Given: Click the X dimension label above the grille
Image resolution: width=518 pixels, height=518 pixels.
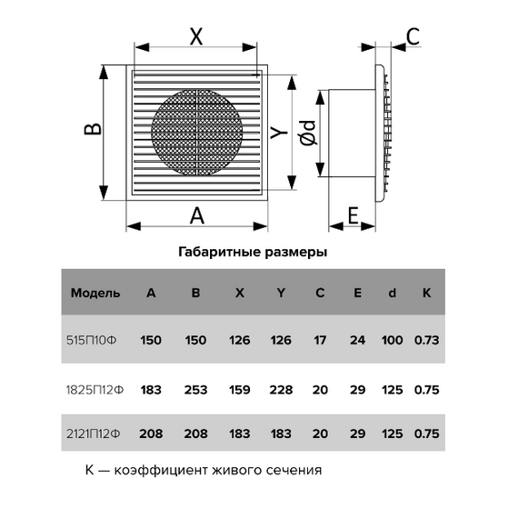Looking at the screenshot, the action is [x=196, y=36].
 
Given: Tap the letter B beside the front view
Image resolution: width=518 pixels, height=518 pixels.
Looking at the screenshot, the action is [x=93, y=129].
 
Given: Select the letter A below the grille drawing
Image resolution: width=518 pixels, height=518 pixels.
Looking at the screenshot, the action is [x=197, y=215].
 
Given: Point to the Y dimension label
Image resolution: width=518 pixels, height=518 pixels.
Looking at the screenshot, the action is [x=279, y=133].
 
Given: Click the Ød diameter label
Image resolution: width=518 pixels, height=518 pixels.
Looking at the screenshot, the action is [x=309, y=133].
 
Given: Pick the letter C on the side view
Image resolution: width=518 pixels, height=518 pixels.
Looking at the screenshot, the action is [x=413, y=36].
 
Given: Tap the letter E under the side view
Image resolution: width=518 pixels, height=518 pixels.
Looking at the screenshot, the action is [x=354, y=215].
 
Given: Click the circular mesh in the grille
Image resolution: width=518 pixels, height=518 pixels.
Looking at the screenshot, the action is [x=197, y=132].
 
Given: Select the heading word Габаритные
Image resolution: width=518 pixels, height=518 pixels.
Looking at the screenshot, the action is [x=220, y=252].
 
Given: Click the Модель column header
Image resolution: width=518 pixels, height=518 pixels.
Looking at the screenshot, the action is [x=95, y=293].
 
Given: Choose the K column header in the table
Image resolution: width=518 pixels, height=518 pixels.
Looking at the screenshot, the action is [x=426, y=293].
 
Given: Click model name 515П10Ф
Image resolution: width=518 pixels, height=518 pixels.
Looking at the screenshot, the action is [x=92, y=340].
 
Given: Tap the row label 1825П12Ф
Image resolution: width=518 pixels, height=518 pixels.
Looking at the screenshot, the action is [x=95, y=390].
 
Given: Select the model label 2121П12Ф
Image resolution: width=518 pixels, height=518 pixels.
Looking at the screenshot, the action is [x=94, y=433].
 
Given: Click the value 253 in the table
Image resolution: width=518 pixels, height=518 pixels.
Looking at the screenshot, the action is [x=195, y=390].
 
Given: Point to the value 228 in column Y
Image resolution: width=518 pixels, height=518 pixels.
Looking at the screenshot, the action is [x=281, y=390].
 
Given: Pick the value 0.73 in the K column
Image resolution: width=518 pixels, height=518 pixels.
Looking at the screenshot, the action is [x=426, y=340].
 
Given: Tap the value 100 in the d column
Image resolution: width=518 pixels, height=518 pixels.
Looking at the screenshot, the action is [x=392, y=340].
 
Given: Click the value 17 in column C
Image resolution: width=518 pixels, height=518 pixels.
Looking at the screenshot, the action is [x=320, y=340].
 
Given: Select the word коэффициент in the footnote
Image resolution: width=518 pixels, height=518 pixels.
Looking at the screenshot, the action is [x=162, y=470].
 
